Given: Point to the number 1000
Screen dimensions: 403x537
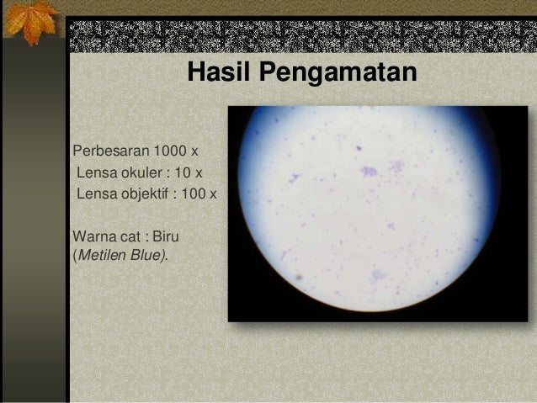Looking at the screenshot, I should pos(169,152).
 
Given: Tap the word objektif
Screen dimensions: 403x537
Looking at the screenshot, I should pos(145,194).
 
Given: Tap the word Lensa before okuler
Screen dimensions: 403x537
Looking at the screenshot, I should pos(97,173).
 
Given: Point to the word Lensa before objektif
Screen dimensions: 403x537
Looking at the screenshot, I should pos(97,194).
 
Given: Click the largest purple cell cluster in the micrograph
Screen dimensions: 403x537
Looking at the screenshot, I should pos(369,172).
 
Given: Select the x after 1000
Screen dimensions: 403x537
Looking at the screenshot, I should pos(194,152).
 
